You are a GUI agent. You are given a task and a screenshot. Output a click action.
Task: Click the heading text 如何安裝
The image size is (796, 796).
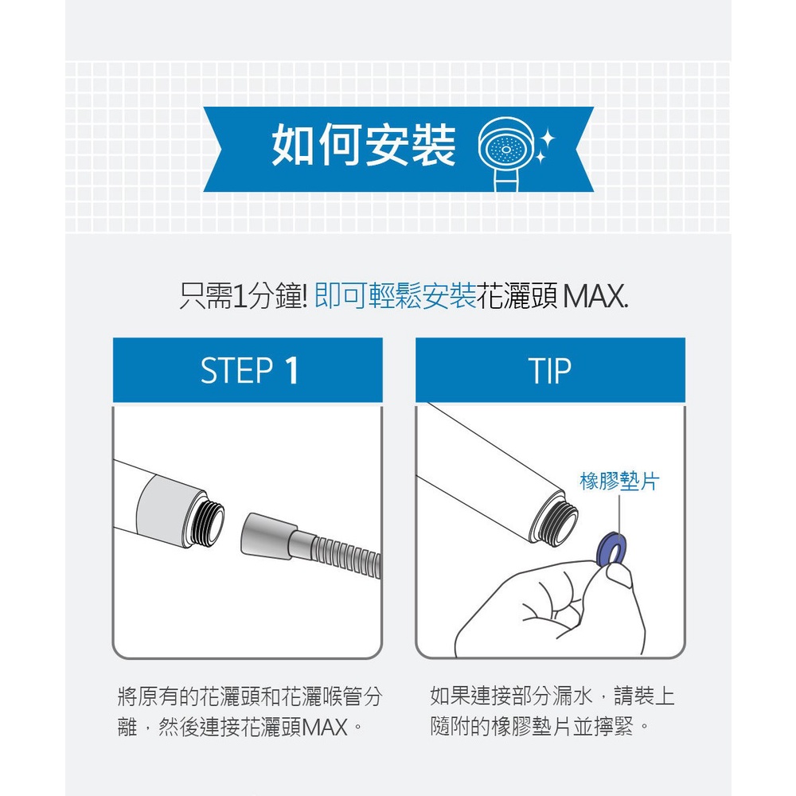[364, 146]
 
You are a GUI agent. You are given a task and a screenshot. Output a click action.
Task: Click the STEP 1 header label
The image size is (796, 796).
[248, 370]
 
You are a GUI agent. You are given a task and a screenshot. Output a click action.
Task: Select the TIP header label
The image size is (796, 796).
[550, 370]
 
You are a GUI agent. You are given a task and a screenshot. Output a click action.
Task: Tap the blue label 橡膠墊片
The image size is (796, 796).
[619, 481]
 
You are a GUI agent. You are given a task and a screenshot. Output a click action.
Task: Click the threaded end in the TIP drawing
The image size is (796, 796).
[560, 517]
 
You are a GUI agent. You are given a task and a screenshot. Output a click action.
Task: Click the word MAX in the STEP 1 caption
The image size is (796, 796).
[325, 727]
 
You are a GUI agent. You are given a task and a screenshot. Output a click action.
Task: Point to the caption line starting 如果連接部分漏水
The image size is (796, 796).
[552, 696]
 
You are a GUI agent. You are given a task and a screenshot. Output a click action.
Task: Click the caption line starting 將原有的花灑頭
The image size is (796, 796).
[249, 696]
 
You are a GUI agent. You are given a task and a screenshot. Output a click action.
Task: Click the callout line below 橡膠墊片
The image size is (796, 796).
[618, 513]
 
